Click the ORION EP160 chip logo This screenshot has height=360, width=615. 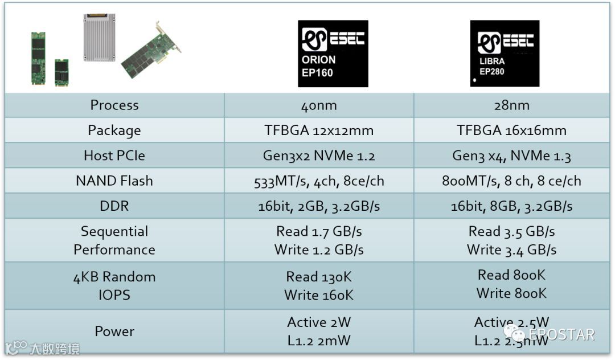pos(333,54)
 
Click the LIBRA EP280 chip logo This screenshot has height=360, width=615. pos(505,54)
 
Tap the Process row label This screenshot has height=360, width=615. pos(114,105)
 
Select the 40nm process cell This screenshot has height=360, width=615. pos(319,105)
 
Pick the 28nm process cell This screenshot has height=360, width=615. pos(511,105)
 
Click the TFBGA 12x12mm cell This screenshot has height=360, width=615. pos(319,130)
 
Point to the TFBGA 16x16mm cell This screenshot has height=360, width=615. pos(511,130)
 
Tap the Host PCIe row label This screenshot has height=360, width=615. pos(114,156)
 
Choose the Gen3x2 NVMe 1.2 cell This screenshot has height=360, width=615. pos(319,156)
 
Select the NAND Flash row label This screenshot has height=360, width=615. pos(114,181)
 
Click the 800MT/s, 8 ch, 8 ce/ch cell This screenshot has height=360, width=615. pos(511,181)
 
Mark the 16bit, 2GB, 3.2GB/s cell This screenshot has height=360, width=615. pos(319,206)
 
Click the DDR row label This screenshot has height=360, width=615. pos(114,206)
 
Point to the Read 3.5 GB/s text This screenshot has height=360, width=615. pos(511,231)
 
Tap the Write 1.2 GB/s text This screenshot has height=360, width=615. pos(319,249)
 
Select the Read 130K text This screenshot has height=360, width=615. pos(319,277)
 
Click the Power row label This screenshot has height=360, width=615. pos(114,331)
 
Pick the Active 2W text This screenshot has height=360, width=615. pos(319,322)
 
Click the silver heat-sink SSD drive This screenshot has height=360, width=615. pos(99,37)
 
